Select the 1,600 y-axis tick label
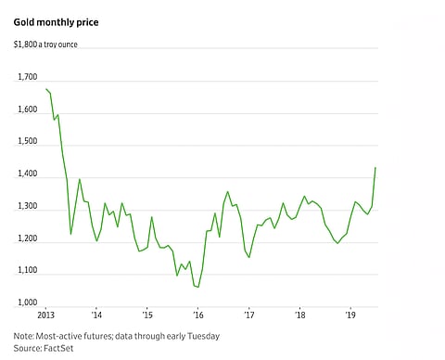point(27,109)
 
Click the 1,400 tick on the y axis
point(27,174)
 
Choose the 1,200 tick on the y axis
point(27,239)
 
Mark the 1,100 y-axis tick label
point(27,271)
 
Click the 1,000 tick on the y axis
point(27,303)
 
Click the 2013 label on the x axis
point(45,315)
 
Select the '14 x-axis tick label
point(96,315)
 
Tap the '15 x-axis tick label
point(147,315)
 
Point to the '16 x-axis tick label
point(197,315)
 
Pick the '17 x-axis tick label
point(248,315)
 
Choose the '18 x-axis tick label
point(299,315)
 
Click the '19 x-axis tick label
point(350,315)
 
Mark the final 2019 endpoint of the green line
point(375,168)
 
